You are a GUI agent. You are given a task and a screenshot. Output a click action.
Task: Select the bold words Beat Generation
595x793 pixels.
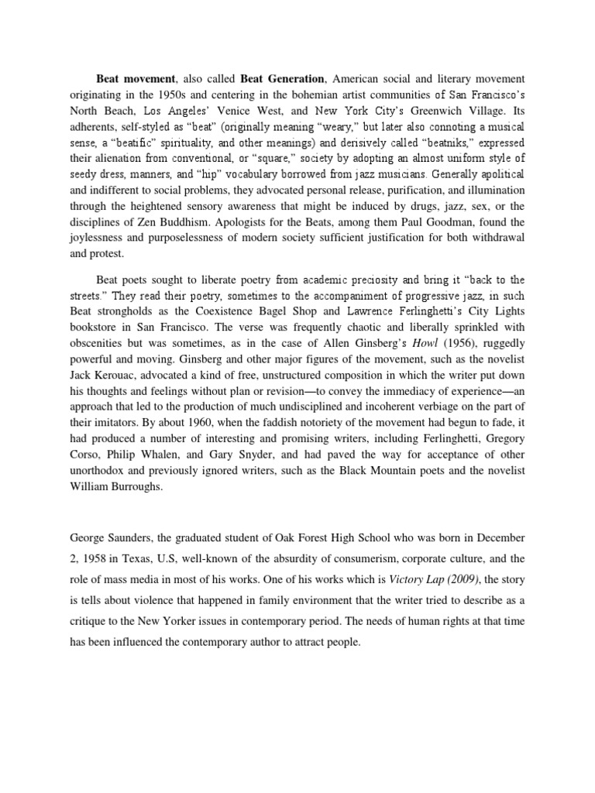[282, 79]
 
